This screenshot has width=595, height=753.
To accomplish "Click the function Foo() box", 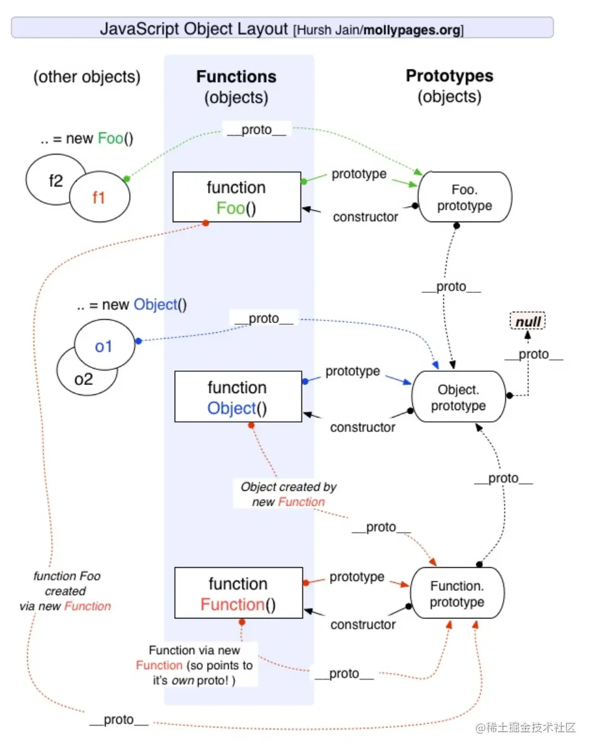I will pos(237,198).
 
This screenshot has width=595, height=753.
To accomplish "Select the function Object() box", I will pos(237,397).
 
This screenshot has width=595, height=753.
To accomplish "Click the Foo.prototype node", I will pos(464,197).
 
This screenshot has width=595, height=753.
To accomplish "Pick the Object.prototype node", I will pos(458,397).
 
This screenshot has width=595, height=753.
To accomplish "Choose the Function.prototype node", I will pos(457,594).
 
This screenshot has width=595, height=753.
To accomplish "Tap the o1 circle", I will pos(104,346).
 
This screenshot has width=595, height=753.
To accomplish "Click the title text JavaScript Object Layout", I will pos(195,29).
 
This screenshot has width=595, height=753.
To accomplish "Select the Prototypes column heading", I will pos(449,76).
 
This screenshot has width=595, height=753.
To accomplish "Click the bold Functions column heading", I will pos(236,77).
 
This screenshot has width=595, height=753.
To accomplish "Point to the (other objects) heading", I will pos(87,77).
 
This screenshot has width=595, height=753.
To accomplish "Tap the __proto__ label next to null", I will pos(533,354).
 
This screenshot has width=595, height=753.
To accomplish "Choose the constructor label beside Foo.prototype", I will pos(365,217).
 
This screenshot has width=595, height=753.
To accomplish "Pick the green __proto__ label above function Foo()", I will pos(256,130).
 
